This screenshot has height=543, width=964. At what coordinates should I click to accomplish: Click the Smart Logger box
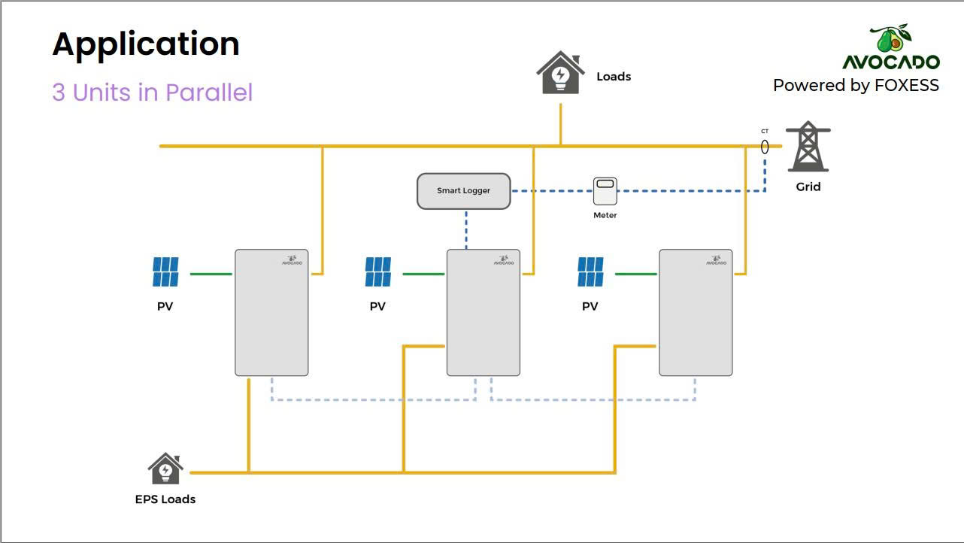(x=463, y=191)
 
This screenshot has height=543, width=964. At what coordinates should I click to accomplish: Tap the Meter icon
(x=605, y=191)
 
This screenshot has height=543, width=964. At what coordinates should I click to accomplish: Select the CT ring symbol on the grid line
(x=765, y=147)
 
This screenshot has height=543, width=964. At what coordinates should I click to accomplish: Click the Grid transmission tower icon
(x=808, y=147)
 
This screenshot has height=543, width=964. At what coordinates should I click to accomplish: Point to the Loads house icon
(x=560, y=72)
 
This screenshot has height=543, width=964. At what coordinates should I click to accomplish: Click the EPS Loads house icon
(x=165, y=469)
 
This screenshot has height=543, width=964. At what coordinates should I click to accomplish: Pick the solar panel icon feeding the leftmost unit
(x=165, y=272)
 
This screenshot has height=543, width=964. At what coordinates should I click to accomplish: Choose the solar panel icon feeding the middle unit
(x=378, y=272)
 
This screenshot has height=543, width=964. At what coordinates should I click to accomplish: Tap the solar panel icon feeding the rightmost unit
(x=590, y=272)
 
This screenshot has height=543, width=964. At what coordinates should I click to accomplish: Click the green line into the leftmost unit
(x=211, y=274)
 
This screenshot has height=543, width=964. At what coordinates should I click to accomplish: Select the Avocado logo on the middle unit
(x=504, y=260)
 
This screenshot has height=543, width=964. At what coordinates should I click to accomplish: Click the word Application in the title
(x=146, y=44)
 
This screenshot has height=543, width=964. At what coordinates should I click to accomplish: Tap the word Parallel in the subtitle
(x=209, y=92)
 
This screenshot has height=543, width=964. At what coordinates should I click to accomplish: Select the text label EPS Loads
(x=165, y=499)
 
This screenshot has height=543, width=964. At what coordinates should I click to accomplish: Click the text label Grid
(x=808, y=187)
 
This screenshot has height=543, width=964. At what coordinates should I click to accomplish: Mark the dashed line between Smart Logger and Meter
(x=552, y=191)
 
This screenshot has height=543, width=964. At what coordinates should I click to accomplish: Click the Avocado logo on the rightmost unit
(x=716, y=260)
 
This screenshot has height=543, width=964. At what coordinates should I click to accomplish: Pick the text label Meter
(x=605, y=215)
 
